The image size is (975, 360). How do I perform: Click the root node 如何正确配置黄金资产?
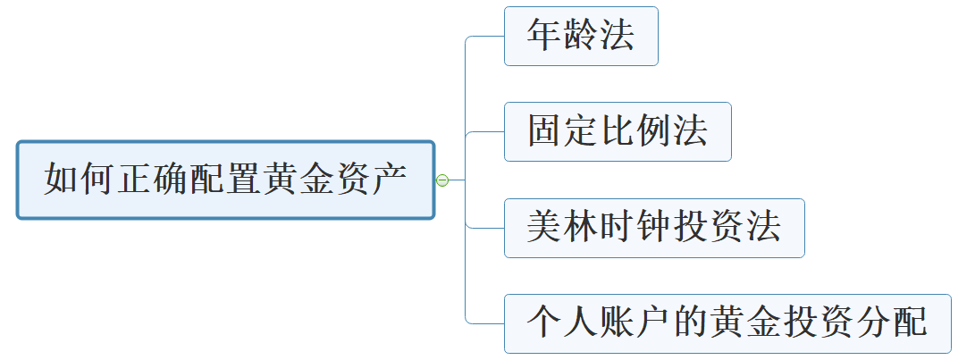point(225,180)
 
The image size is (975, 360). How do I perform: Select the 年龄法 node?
point(581,37)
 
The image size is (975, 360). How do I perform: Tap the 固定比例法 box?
point(618,132)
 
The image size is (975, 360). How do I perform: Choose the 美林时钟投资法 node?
point(654,228)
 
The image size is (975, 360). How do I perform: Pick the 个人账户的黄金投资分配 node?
point(727,323)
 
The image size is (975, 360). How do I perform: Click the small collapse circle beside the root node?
point(441,180)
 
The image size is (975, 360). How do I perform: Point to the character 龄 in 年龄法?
point(581,37)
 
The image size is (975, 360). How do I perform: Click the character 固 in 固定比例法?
point(545,132)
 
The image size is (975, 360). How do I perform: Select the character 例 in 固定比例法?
point(653,132)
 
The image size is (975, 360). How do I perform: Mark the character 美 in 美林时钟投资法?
point(545,228)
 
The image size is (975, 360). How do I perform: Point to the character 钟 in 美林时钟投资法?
point(654,228)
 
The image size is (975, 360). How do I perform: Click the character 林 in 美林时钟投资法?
point(581,228)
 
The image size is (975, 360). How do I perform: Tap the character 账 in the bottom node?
point(617,323)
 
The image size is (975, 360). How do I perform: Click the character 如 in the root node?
point(61,180)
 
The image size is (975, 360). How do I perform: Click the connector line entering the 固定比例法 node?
point(485,132)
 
